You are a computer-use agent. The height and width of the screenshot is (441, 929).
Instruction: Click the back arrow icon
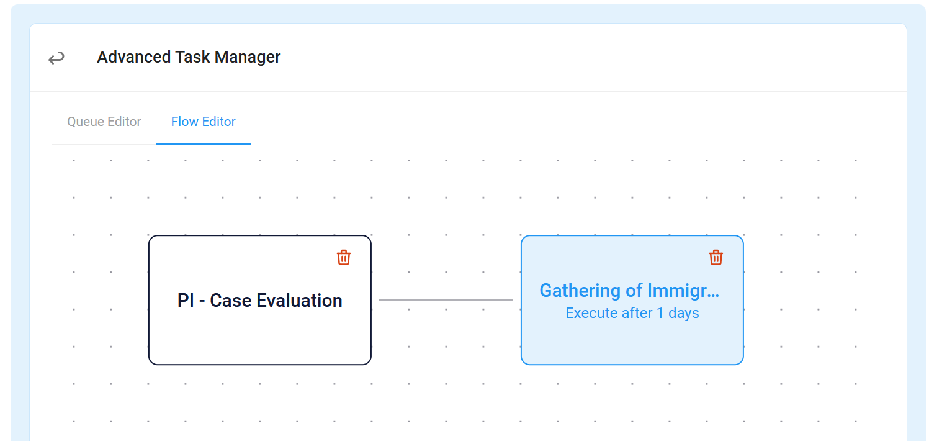click(x=56, y=58)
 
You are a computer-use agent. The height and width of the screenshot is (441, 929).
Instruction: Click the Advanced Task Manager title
click(x=189, y=57)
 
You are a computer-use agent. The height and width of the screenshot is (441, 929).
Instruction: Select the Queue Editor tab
click(x=104, y=122)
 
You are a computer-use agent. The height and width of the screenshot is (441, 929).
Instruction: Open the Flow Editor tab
click(x=203, y=122)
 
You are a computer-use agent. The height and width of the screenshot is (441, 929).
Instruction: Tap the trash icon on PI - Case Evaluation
click(x=344, y=258)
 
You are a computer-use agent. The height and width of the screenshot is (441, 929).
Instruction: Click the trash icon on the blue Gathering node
click(x=716, y=258)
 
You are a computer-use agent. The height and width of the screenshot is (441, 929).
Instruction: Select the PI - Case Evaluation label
click(x=259, y=300)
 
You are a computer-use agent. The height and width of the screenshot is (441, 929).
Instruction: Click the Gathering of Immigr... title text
click(x=629, y=291)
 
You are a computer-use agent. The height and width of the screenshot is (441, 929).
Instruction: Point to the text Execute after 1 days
click(x=632, y=313)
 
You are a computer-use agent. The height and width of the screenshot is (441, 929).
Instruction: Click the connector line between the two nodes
click(x=446, y=300)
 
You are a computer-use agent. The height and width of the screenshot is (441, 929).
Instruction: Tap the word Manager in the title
click(x=248, y=57)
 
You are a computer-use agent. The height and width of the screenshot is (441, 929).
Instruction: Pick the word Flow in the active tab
click(x=184, y=122)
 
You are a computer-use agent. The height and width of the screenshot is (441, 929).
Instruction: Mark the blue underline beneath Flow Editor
click(x=203, y=143)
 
